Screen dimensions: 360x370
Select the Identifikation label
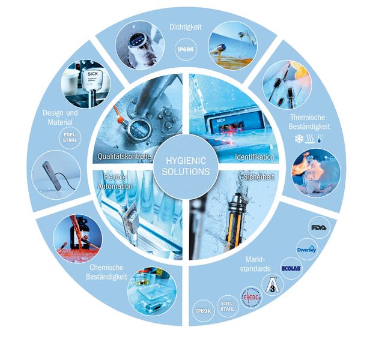254,158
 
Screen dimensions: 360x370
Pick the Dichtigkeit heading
186,26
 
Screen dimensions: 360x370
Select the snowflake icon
299,139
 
